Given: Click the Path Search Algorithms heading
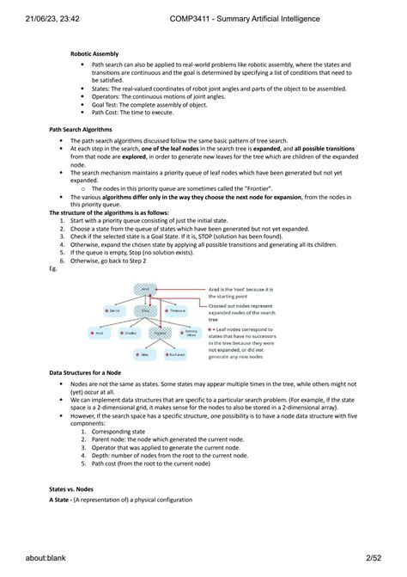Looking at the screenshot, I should click(x=82, y=130).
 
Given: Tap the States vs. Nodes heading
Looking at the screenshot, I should click(x=73, y=488).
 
